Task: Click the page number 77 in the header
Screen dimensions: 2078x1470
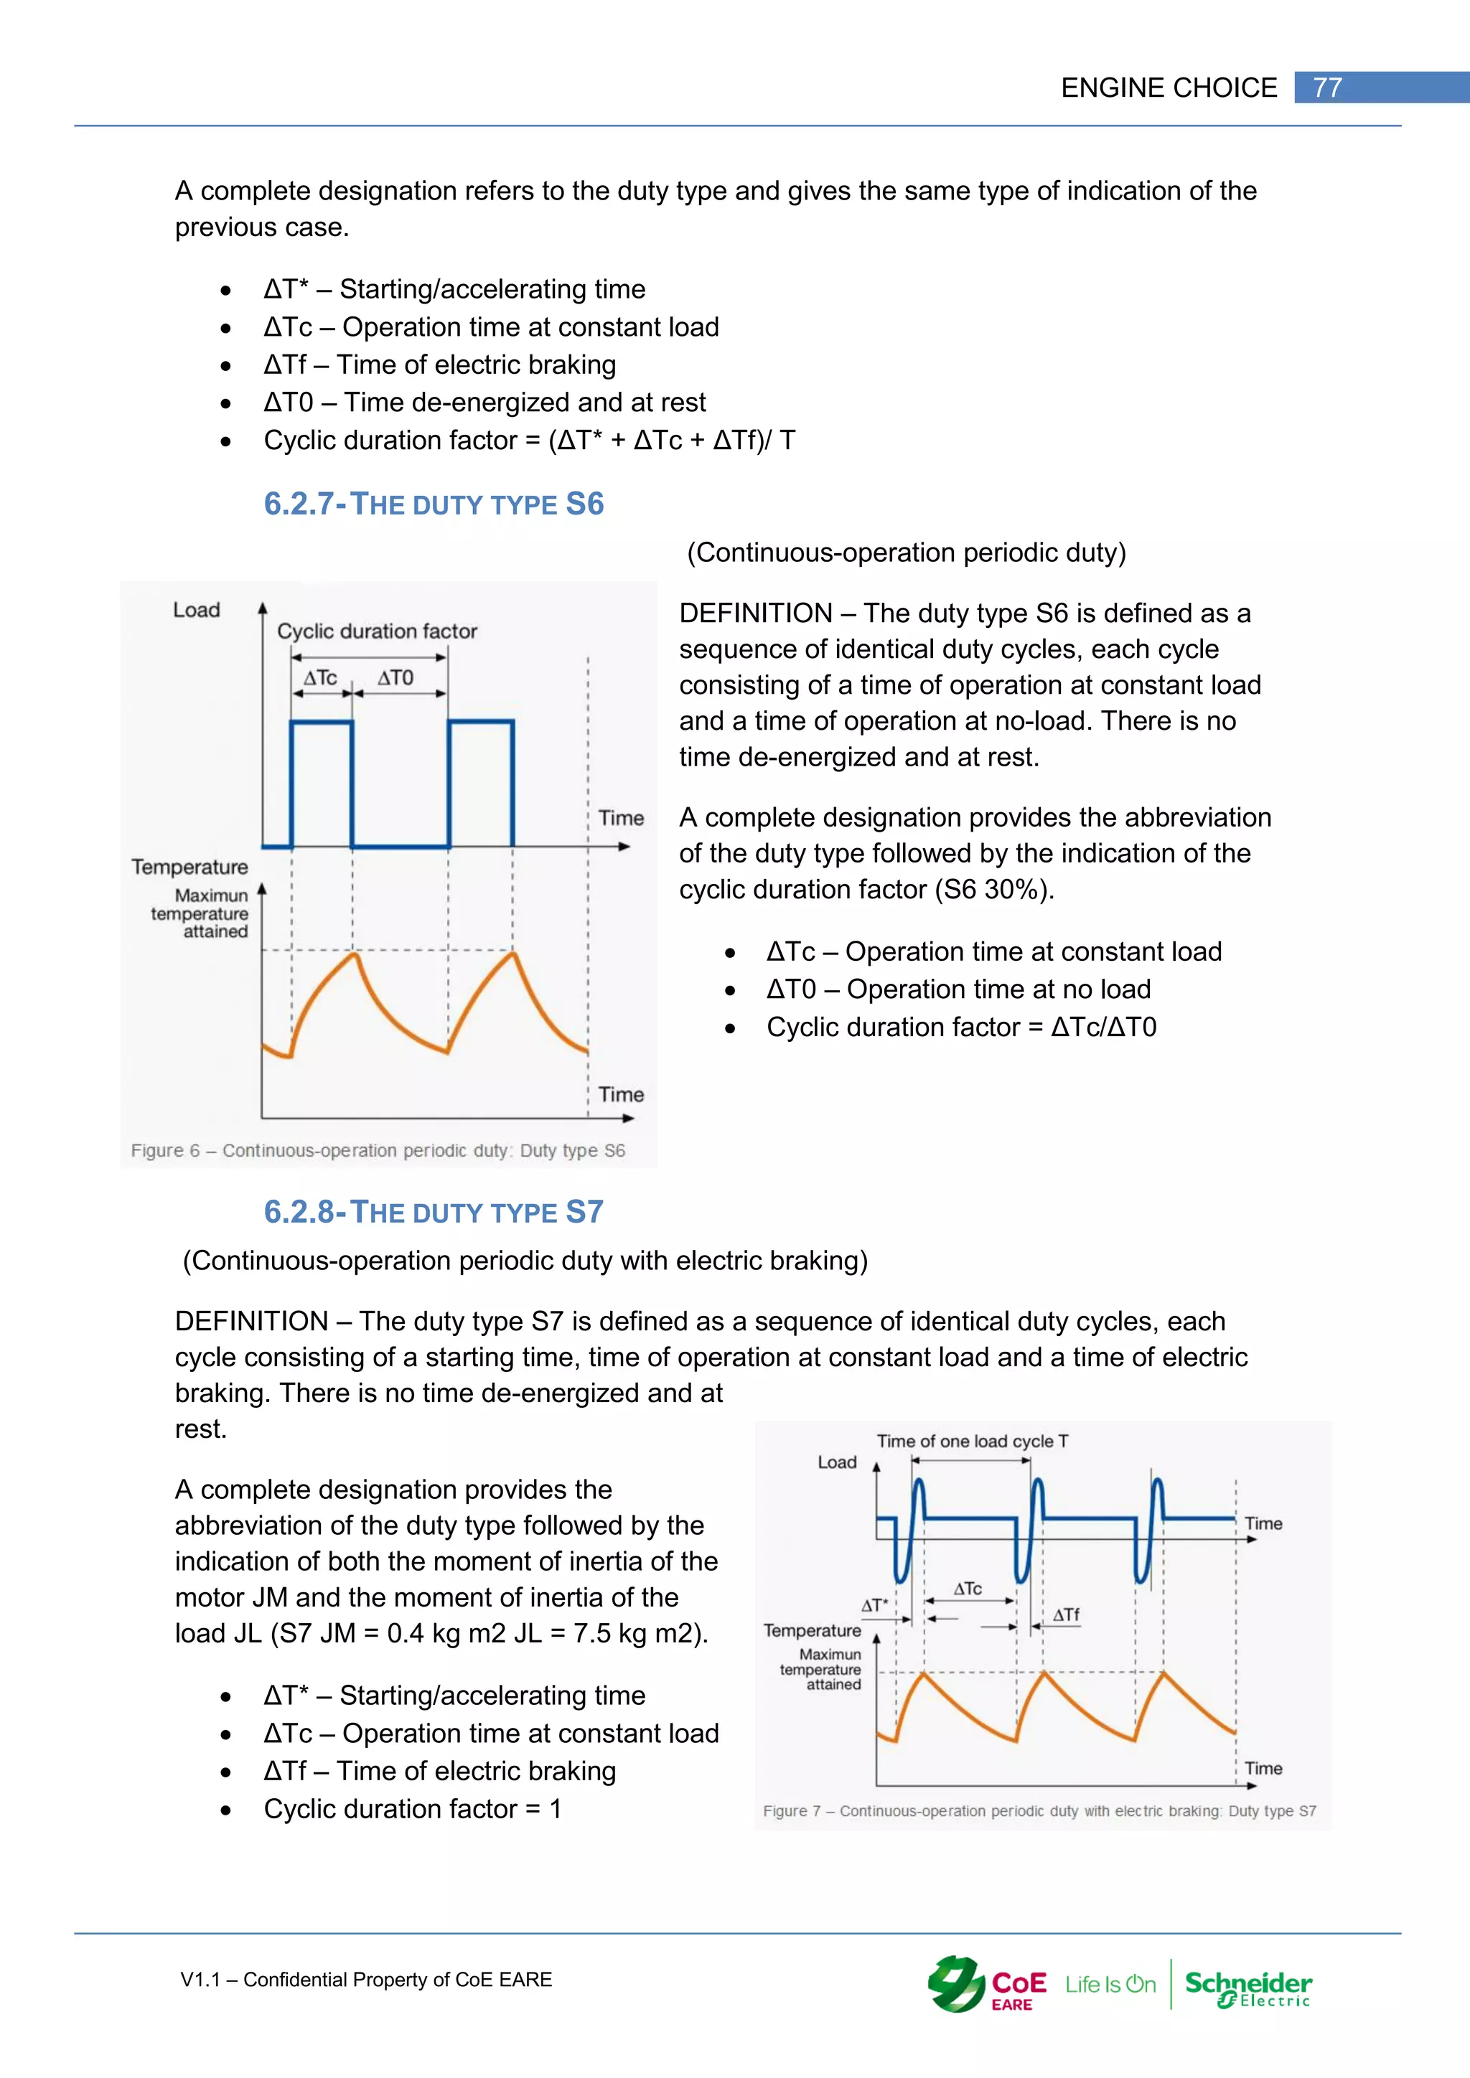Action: [x=1327, y=88]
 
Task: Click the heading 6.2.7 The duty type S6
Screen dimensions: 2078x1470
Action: [x=433, y=504]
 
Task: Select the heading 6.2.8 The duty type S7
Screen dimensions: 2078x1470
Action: [x=433, y=1212]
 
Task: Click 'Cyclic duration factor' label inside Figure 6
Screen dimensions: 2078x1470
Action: [x=377, y=631]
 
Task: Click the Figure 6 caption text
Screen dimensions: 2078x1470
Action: [x=378, y=1150]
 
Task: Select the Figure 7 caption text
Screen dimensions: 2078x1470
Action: [x=1039, y=1811]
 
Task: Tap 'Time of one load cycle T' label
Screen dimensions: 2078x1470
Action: [x=972, y=1441]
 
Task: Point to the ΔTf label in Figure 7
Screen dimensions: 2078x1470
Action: [x=1067, y=1614]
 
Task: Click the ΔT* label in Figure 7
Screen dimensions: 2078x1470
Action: [x=874, y=1606]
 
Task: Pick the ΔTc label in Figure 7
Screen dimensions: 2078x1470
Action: [x=968, y=1589]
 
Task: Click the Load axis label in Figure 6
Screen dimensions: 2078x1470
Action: [x=197, y=610]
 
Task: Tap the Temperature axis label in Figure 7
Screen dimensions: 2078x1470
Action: [x=812, y=1630]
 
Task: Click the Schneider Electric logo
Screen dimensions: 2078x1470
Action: [x=1247, y=1988]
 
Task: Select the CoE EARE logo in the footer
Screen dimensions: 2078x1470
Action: [x=988, y=1985]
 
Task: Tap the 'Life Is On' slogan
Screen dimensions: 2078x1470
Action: [x=1110, y=1985]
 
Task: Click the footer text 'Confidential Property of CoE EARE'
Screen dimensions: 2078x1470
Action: [x=398, y=1980]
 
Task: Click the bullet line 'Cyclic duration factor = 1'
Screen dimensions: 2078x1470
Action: [x=412, y=1808]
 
